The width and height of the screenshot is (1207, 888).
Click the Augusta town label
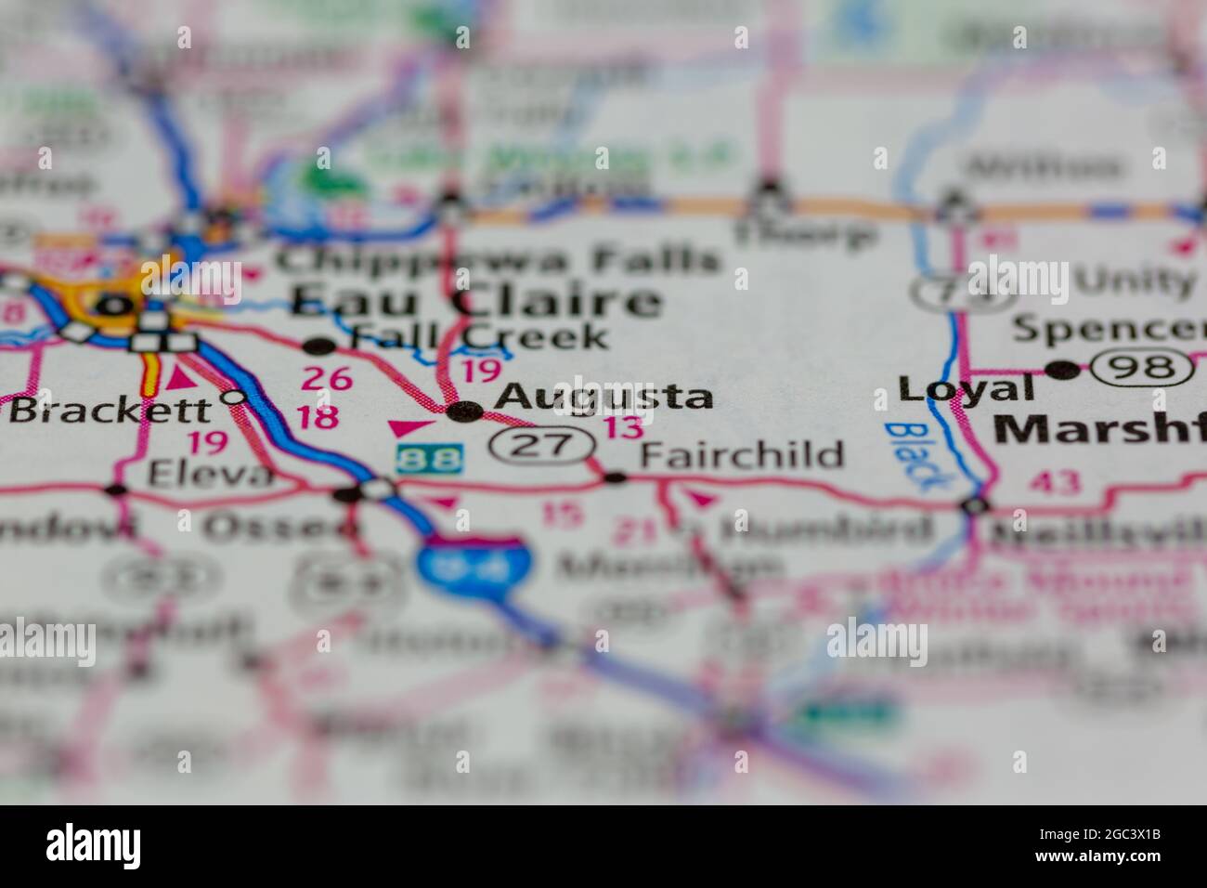[603, 397]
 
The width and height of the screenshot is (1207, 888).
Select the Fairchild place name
[743, 455]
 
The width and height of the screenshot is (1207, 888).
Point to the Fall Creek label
[479, 336]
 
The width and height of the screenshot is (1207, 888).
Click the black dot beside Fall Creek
[320, 346]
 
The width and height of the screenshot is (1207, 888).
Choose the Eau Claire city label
[476, 301]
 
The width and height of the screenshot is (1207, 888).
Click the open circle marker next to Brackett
[234, 398]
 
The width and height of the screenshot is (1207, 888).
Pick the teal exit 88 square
[428, 458]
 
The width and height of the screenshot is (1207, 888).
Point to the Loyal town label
[966, 387]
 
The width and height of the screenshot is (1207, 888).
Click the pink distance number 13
[622, 428]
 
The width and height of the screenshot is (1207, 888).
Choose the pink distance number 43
[1053, 482]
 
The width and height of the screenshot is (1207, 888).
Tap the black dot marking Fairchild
[616, 478]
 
